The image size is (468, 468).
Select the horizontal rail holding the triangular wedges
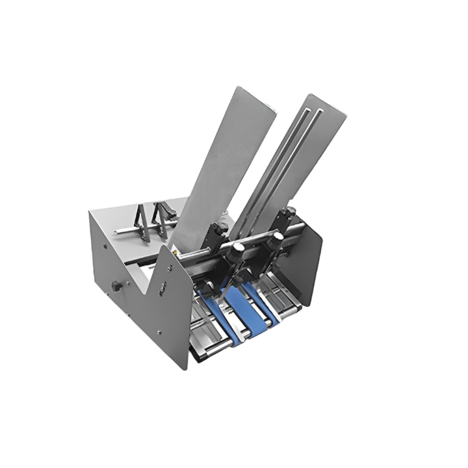[130, 230]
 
